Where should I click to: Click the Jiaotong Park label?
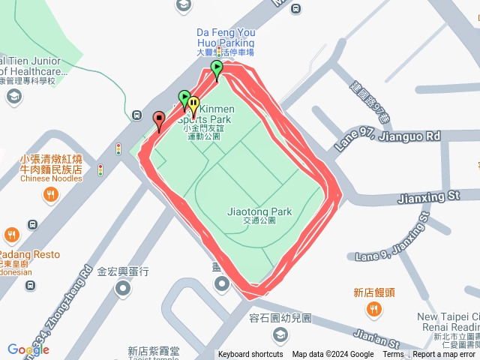click(259, 211)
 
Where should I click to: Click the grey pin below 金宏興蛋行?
click(124, 288)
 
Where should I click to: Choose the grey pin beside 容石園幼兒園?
click(281, 334)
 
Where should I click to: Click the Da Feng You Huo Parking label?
click(226, 37)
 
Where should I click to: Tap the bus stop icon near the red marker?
click(136, 115)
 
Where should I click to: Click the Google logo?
click(28, 349)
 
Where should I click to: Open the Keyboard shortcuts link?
click(250, 355)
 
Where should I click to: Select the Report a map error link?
click(445, 355)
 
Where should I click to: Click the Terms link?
click(393, 355)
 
